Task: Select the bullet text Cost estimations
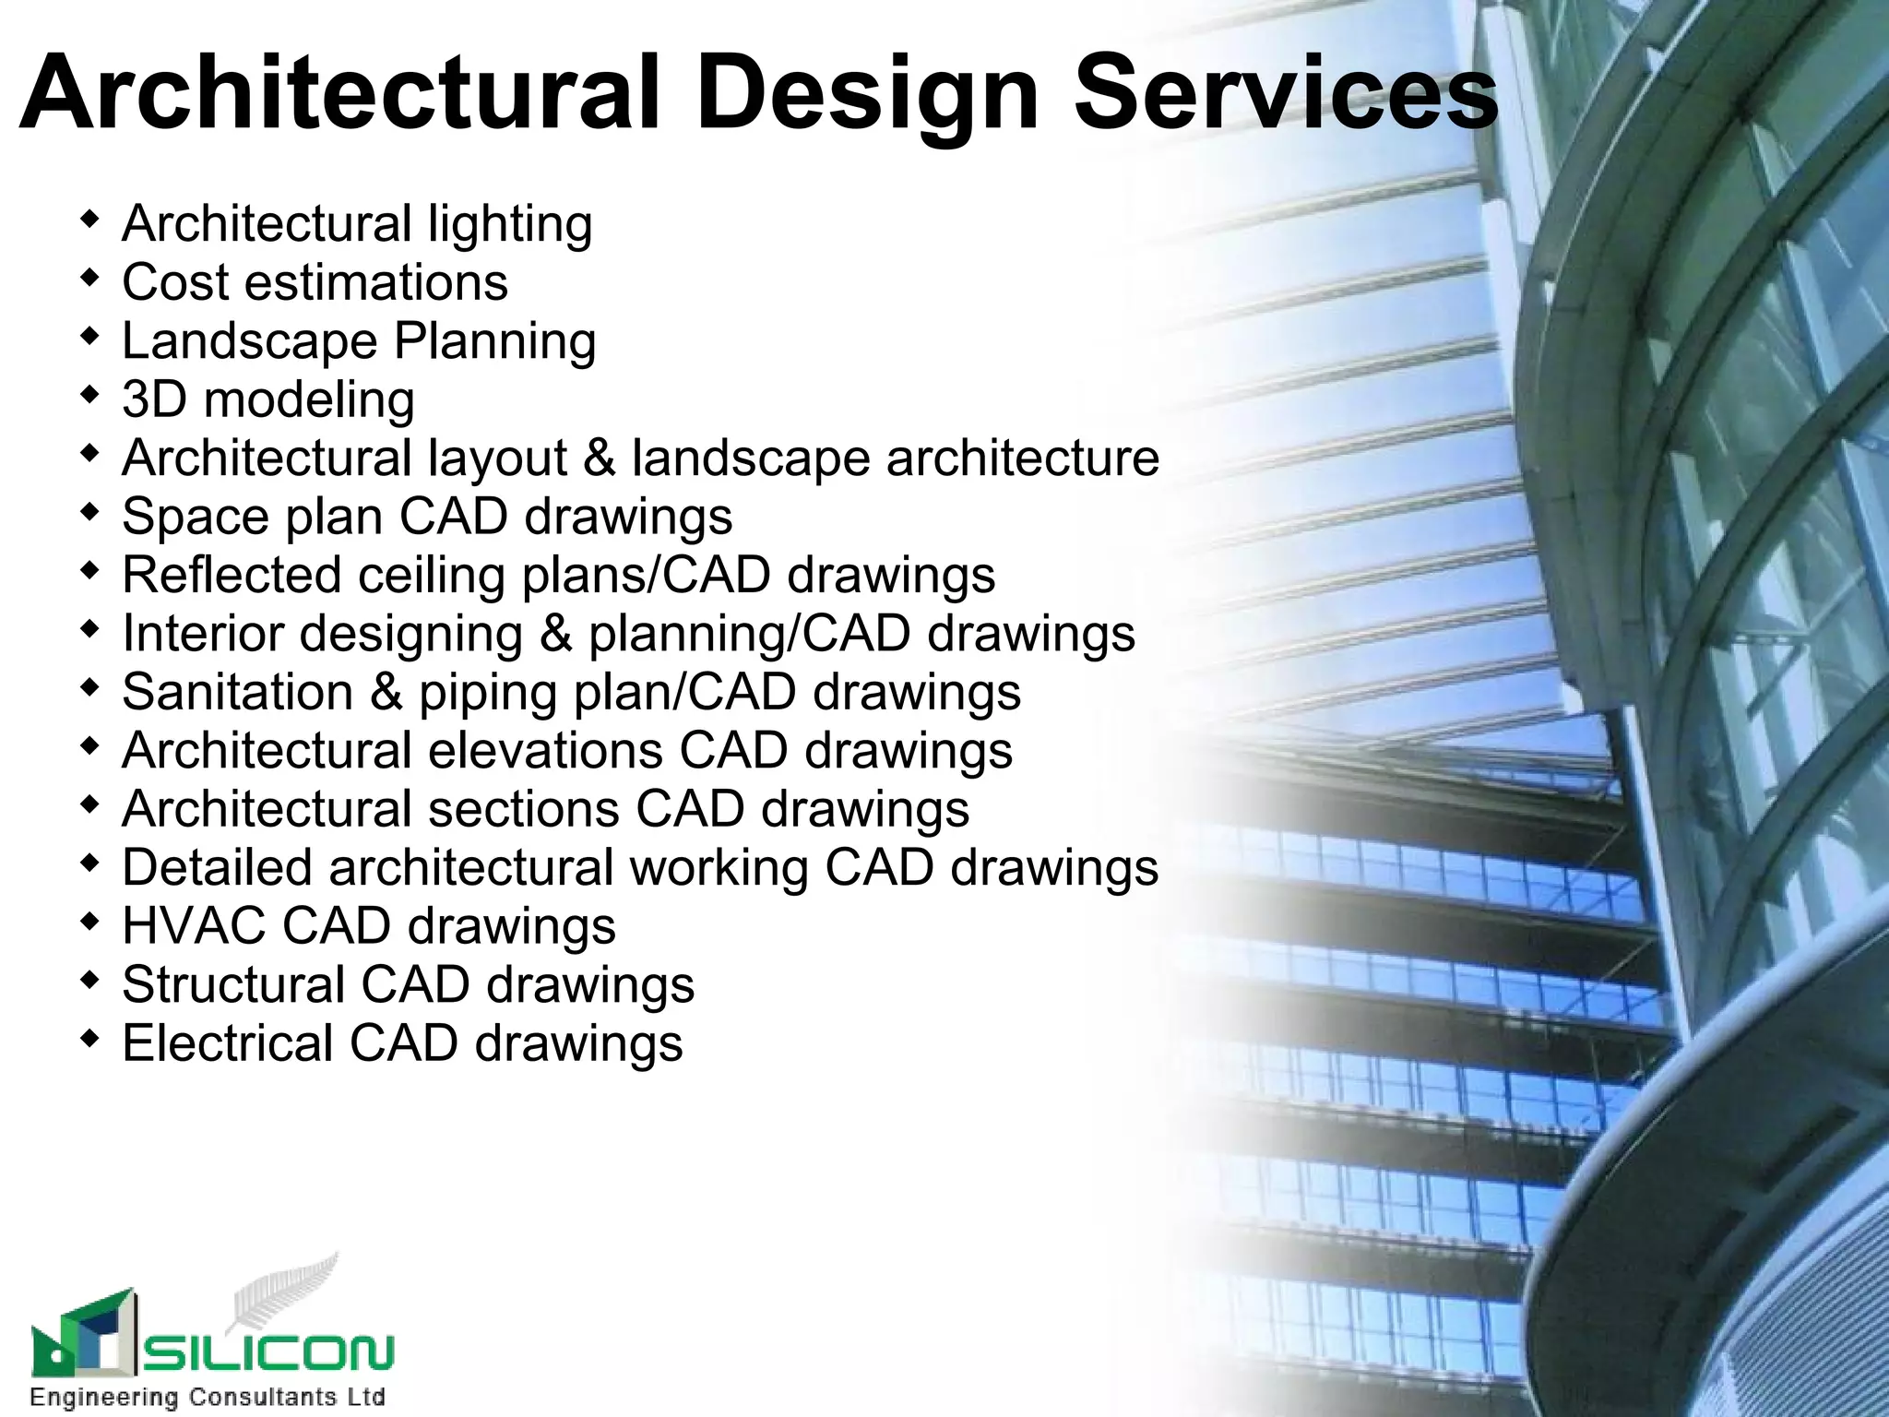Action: coord(315,282)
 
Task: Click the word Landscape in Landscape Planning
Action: coord(250,342)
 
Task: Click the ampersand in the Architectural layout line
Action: coord(600,458)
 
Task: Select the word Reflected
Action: coord(232,576)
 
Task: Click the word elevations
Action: coord(545,750)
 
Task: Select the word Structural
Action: coord(233,984)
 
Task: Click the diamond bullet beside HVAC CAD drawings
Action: coord(89,921)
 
